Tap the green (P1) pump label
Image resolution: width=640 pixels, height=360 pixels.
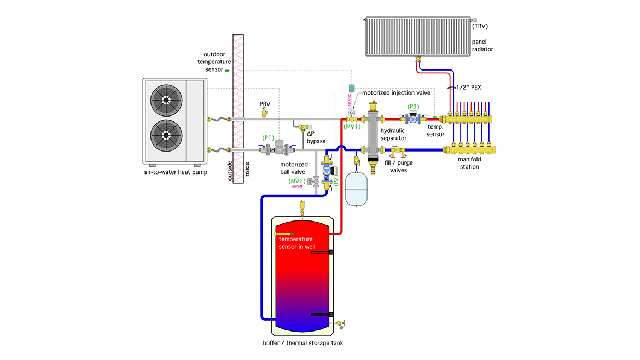click(x=268, y=137)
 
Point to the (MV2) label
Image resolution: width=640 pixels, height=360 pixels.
click(x=297, y=181)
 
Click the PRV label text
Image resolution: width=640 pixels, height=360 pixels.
click(x=265, y=103)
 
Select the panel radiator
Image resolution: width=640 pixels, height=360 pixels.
click(x=416, y=37)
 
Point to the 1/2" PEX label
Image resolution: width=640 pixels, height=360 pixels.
click(x=480, y=87)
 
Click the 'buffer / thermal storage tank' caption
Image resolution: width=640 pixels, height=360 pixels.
click(x=303, y=343)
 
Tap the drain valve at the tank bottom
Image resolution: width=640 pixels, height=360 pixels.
click(x=341, y=323)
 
